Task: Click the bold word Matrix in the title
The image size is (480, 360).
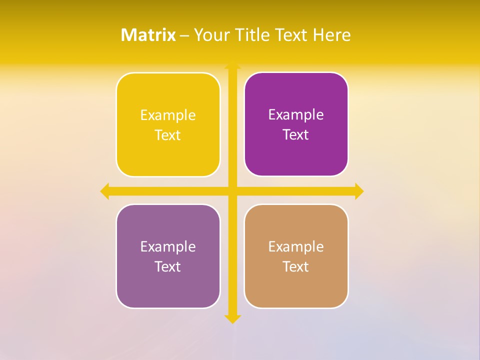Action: pos(148,35)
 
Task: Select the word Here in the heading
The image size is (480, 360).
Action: pos(331,35)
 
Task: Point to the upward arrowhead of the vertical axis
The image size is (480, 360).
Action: pos(232,66)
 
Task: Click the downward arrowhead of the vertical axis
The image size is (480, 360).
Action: pos(232,318)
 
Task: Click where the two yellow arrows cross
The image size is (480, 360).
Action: pos(232,191)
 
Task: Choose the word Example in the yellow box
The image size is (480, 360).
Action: pos(168,115)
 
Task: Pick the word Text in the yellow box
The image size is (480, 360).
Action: pos(168,135)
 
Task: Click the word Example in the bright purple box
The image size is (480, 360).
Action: pos(296,115)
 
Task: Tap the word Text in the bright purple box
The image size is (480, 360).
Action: pos(296,135)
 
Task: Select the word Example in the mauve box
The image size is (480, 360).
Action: pos(168,247)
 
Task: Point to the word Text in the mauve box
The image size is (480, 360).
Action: pos(168,267)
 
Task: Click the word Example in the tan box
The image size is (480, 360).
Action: pos(296,247)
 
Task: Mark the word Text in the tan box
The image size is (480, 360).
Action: pos(296,267)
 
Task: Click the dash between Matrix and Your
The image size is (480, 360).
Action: pos(184,35)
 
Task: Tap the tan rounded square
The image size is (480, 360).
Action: pos(296,290)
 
